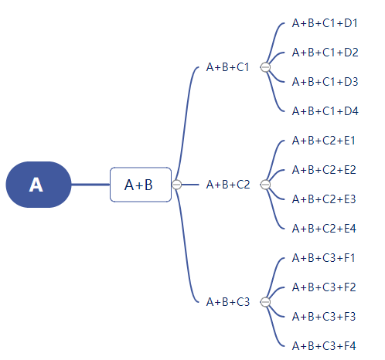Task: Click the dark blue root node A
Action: coord(39,185)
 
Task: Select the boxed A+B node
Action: coord(141,185)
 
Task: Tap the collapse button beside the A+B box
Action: coord(176,185)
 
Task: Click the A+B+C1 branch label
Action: coord(228,67)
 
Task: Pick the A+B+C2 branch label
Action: coord(228,185)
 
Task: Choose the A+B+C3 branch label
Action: coord(228,302)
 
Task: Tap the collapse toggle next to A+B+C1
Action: coord(265,67)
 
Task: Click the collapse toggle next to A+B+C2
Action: coord(265,185)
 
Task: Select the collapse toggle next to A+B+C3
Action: coord(265,302)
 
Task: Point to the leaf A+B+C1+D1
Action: coord(325,23)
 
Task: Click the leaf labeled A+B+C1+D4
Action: coord(325,111)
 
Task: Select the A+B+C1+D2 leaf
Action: coord(325,53)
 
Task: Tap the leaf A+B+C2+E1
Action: coord(324,141)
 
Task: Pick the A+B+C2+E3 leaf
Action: coord(324,199)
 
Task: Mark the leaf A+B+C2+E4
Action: coord(324,229)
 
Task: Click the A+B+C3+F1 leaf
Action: coord(324,258)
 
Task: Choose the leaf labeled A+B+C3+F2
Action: coord(324,287)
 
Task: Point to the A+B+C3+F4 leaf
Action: coord(324,346)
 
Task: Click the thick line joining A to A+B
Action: coord(90,185)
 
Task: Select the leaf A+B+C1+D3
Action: coord(325,82)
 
